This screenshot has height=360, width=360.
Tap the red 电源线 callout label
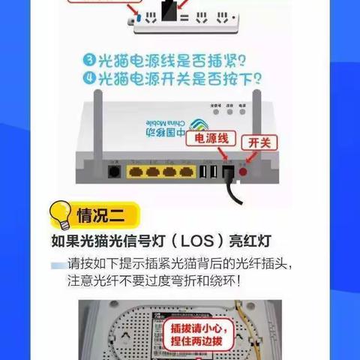pos(216,139)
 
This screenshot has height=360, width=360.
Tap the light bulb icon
pos(60,216)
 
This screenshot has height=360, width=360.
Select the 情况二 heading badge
pos(106,217)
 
